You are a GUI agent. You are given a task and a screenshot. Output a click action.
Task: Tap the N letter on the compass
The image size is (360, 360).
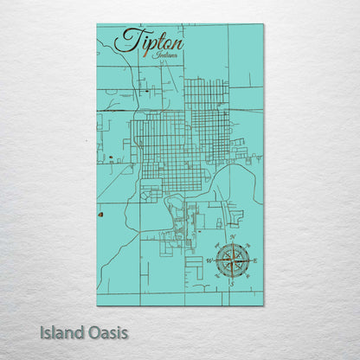point(232,236)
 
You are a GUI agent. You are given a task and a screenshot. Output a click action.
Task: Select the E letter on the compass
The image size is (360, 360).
point(254,260)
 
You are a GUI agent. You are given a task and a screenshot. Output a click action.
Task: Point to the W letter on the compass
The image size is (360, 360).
point(208,260)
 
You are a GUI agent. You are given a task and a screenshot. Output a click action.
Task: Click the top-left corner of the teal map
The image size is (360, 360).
point(97,24)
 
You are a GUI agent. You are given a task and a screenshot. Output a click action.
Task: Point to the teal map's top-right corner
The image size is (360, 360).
point(263,24)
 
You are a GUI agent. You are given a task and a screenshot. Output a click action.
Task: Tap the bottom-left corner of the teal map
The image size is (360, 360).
point(97,305)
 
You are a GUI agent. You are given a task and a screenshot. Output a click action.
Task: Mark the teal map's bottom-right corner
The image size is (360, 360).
point(263,305)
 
